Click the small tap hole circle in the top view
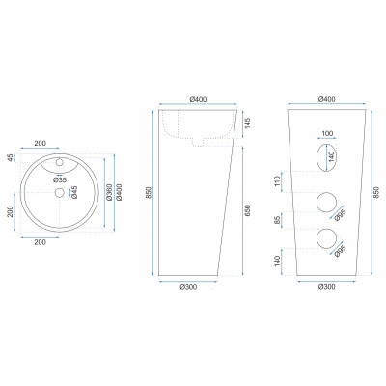[59, 162]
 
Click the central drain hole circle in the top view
[59, 192]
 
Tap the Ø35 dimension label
[60, 180]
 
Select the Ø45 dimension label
[74, 192]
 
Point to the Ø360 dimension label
[109, 192]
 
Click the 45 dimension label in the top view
[11, 158]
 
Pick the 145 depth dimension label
[248, 123]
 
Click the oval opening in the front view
[326, 157]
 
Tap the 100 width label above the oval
[327, 133]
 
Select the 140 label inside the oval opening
[332, 156]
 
